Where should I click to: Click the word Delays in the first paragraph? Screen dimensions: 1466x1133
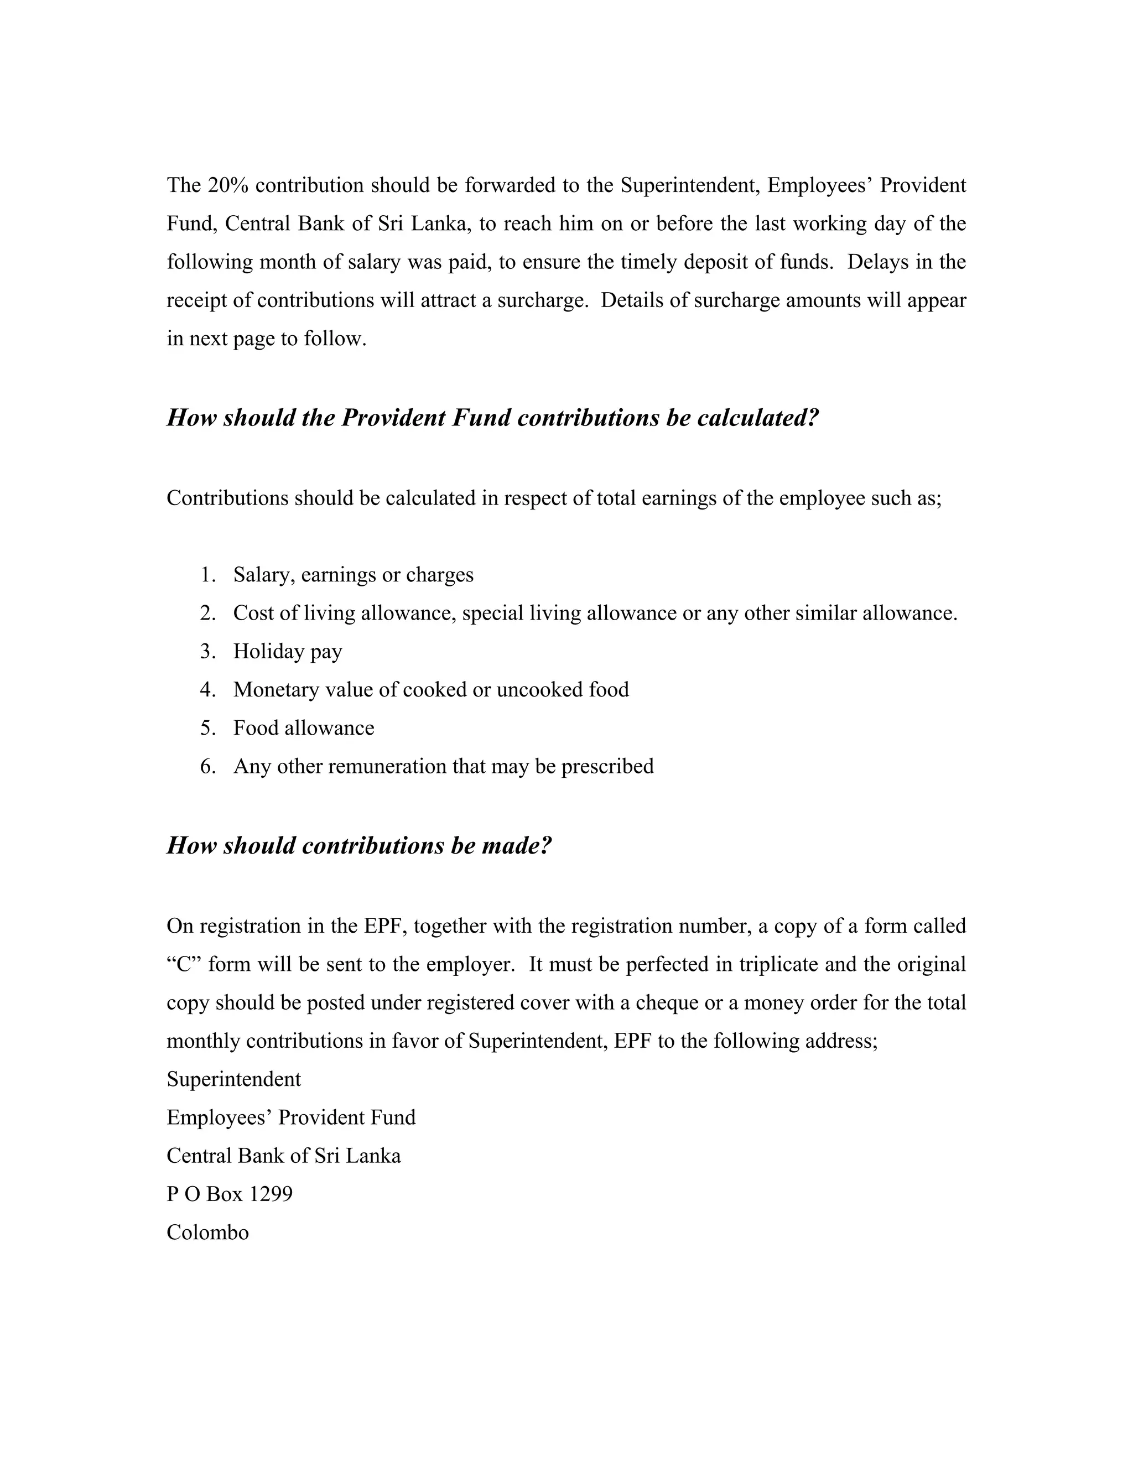click(877, 261)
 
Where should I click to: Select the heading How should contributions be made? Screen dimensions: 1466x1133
click(359, 845)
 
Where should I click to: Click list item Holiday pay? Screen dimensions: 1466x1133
click(287, 651)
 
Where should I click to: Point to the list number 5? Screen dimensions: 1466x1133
click(207, 727)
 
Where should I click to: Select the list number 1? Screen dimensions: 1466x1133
click(207, 575)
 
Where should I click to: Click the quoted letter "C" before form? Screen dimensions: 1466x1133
click(184, 964)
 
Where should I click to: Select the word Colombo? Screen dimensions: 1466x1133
click(207, 1232)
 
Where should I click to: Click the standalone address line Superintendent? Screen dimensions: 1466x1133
click(233, 1079)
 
